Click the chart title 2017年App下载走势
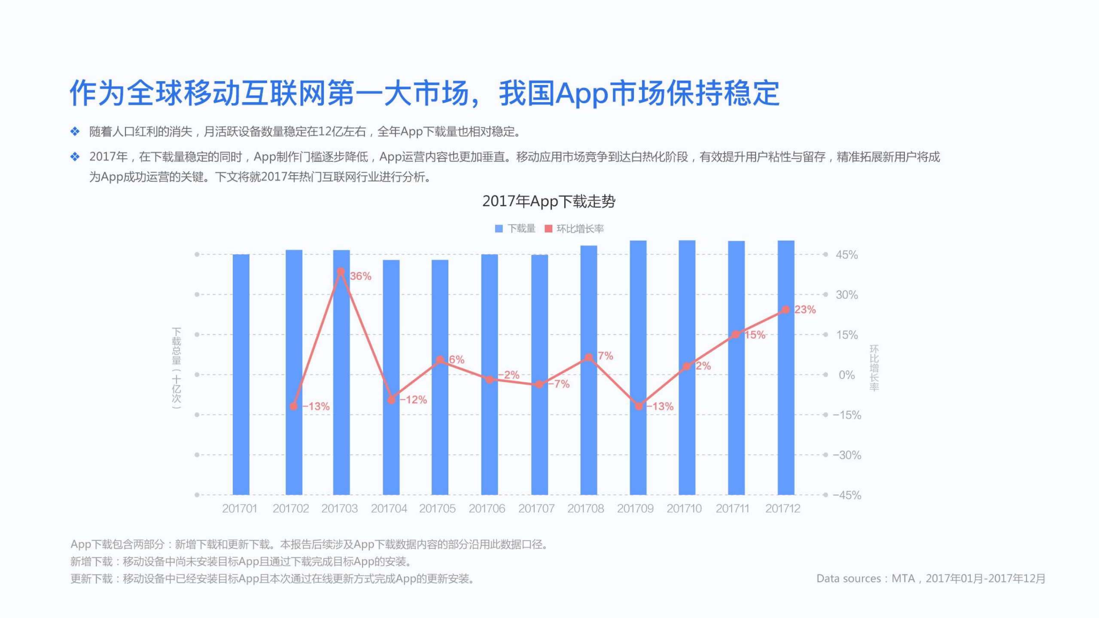tap(549, 201)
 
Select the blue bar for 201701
tap(241, 374)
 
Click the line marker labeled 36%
tap(341, 271)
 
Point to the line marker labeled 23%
tap(785, 310)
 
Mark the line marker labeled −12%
tap(391, 400)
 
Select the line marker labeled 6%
tap(440, 359)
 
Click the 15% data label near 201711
tap(755, 335)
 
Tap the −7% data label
tap(559, 384)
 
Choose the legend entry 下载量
tap(515, 228)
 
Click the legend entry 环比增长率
tap(575, 228)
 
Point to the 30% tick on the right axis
tap(846, 295)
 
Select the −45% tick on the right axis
tap(847, 495)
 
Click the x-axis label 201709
tap(635, 508)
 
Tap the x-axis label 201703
tap(339, 508)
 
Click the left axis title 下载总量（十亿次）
tap(177, 368)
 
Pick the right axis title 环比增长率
tap(874, 368)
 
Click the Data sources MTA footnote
tap(931, 578)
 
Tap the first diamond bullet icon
tap(75, 131)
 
